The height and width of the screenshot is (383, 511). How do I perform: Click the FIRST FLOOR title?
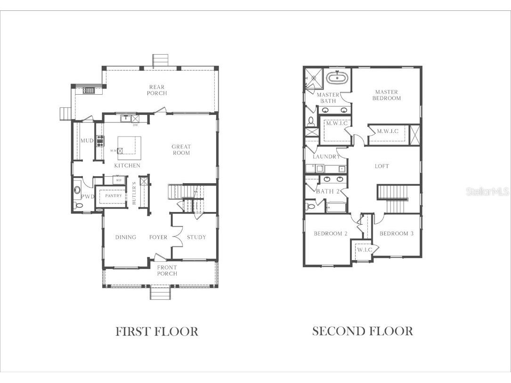(x=157, y=331)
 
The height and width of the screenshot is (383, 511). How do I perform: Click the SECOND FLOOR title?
(x=363, y=331)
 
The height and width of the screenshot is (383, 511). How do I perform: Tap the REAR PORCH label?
(x=157, y=90)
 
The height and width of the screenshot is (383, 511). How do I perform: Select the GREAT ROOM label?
(x=181, y=150)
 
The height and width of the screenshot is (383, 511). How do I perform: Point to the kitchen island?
(x=129, y=147)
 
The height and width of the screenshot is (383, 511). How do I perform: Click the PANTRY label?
(x=113, y=196)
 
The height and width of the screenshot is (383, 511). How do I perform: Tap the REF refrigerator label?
(x=119, y=180)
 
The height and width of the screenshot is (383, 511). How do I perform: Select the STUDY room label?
(x=196, y=237)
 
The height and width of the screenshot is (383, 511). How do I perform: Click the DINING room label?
(x=126, y=237)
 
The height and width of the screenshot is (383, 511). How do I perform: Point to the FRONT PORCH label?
(x=167, y=270)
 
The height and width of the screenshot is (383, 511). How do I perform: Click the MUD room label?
(x=86, y=140)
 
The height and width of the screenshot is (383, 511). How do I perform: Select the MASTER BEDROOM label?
(x=387, y=95)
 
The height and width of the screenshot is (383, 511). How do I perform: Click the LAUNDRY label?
(x=326, y=156)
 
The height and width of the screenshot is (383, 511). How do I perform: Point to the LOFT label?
(x=382, y=166)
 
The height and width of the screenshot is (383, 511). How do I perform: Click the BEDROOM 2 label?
(x=331, y=234)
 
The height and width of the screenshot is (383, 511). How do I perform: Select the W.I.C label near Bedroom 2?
(x=364, y=250)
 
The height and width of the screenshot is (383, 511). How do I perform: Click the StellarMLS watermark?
(x=487, y=192)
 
